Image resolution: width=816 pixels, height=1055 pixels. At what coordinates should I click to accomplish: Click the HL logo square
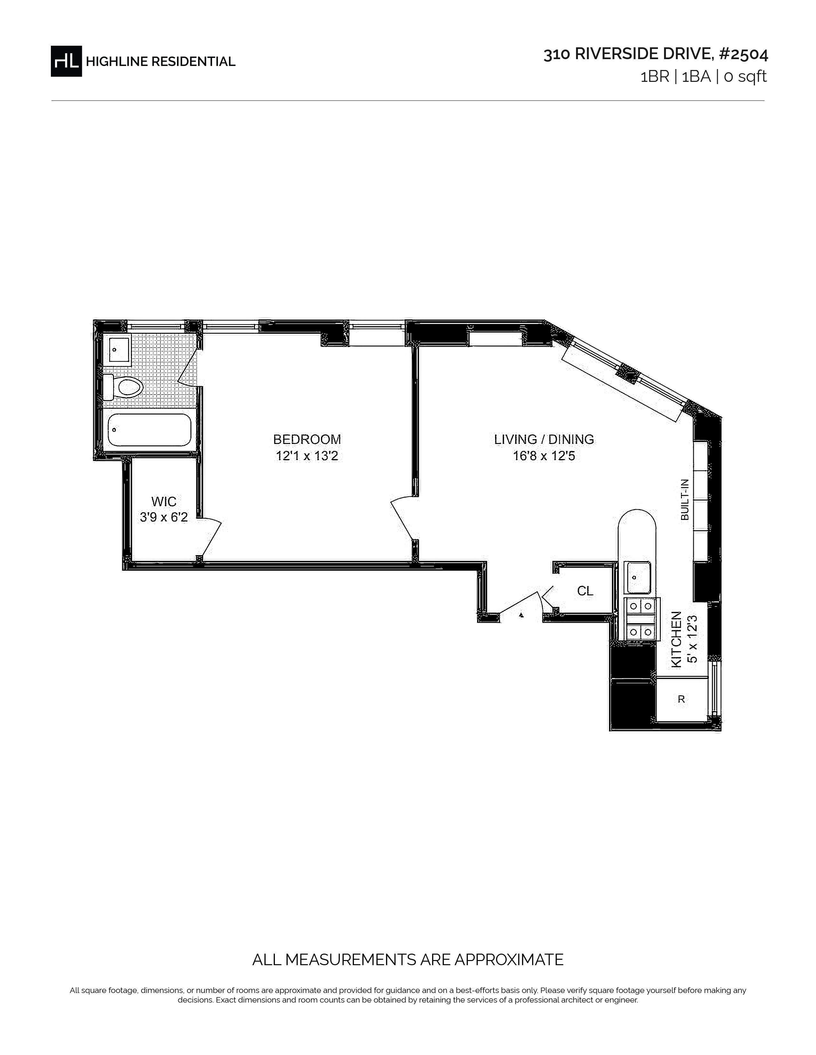pyautogui.click(x=66, y=61)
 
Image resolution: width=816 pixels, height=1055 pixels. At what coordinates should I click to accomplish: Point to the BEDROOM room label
pyautogui.click(x=307, y=439)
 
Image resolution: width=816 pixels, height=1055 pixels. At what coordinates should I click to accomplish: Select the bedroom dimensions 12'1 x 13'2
pyautogui.click(x=307, y=456)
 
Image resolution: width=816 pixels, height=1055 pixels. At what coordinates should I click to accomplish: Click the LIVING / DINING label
pyautogui.click(x=544, y=439)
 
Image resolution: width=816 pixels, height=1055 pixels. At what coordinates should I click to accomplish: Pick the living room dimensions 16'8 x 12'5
pyautogui.click(x=544, y=456)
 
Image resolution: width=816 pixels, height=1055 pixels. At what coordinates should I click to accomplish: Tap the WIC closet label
pyautogui.click(x=164, y=501)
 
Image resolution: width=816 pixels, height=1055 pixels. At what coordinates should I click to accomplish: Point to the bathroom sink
pyautogui.click(x=119, y=349)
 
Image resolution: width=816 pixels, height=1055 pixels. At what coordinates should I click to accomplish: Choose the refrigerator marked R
pyautogui.click(x=682, y=699)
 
